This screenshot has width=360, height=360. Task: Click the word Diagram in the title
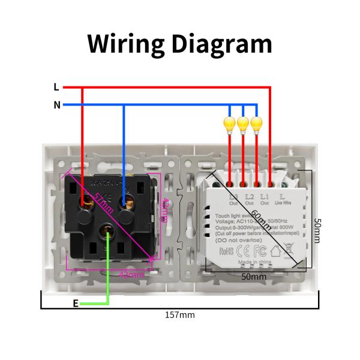[222, 44]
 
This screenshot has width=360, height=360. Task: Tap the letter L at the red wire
[56, 87]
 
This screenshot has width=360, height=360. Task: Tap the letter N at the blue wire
[57, 105]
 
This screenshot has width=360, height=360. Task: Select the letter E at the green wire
[75, 304]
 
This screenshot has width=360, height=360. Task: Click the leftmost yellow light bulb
[230, 124]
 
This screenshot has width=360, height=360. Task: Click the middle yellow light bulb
[243, 124]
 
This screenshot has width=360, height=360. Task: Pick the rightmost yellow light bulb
[257, 124]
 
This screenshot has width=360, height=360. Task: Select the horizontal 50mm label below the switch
[253, 277]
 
